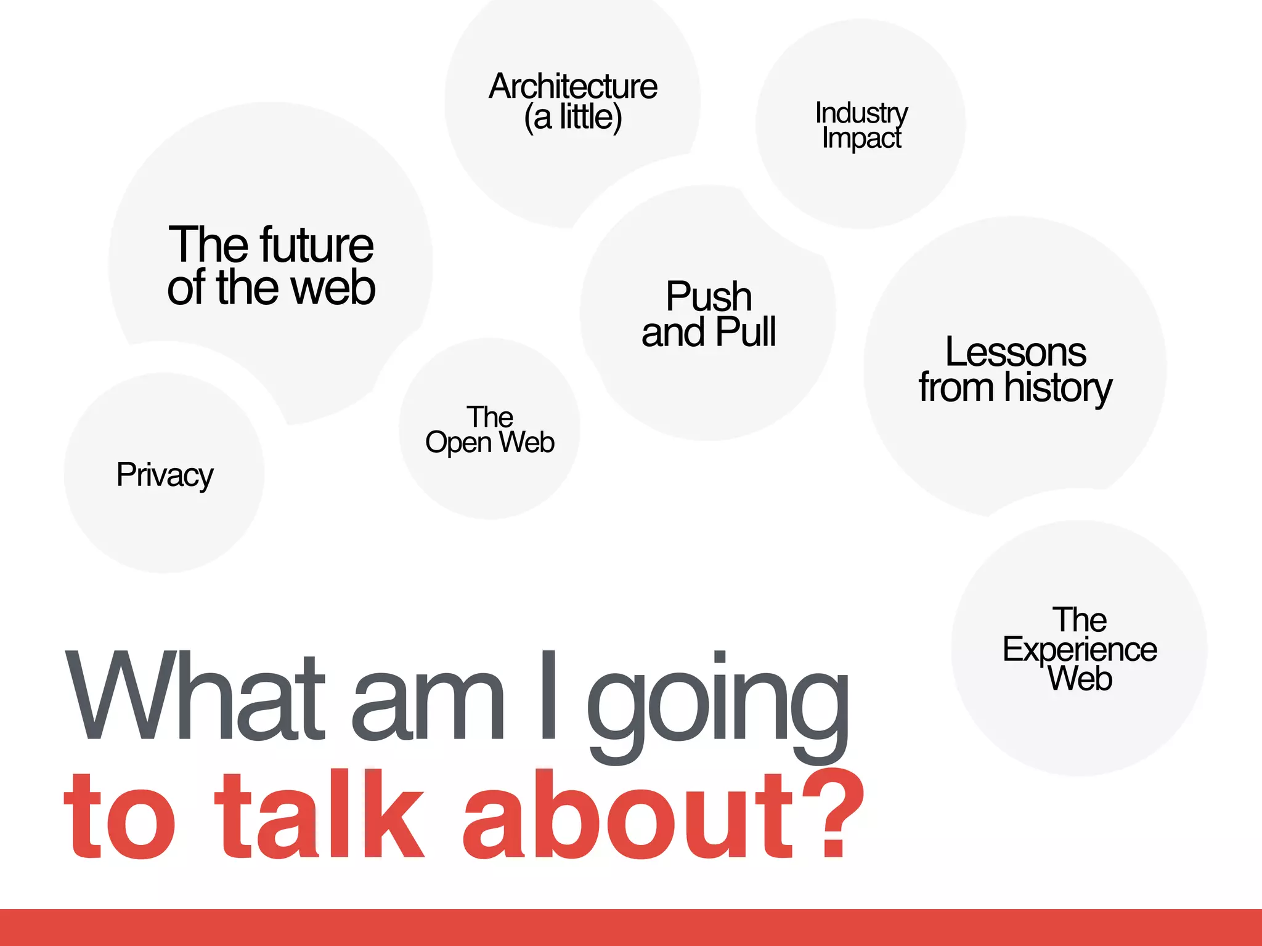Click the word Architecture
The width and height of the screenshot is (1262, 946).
point(573,86)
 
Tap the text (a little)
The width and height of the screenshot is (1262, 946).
point(573,117)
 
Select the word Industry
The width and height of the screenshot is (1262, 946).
point(861,113)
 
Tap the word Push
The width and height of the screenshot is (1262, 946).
point(709,297)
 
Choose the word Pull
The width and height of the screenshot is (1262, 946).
point(746,332)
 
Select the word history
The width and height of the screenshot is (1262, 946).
point(1058,388)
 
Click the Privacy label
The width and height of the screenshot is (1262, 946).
point(165,475)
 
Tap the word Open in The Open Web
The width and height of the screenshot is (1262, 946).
point(458,443)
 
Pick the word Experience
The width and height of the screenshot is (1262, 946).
point(1080,650)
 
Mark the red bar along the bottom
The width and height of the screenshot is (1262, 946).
point(631,928)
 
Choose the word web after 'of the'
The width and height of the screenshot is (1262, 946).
point(333,288)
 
